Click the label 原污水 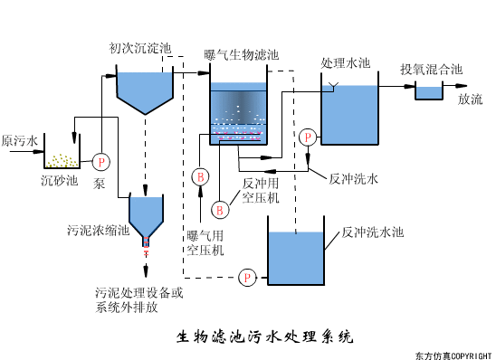click(x=20, y=142)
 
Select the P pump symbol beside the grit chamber click(x=100, y=162)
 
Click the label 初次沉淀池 click(x=140, y=47)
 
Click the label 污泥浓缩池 click(x=99, y=229)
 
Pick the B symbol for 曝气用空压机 click(x=202, y=175)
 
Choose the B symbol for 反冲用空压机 click(x=218, y=210)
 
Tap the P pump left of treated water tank click(x=308, y=137)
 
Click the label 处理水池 click(x=346, y=64)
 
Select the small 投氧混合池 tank click(x=427, y=91)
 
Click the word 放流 click(x=470, y=99)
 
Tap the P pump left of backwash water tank click(x=247, y=277)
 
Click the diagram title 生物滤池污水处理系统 click(x=263, y=337)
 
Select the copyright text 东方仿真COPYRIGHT click(x=453, y=355)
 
